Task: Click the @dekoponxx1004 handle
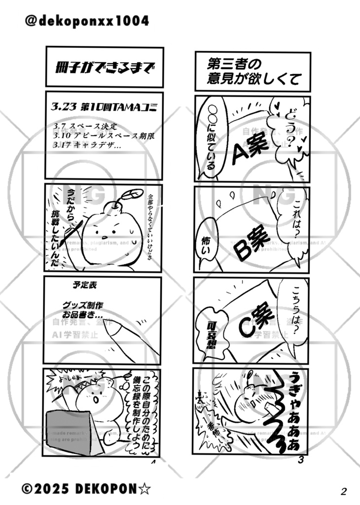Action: click(x=86, y=21)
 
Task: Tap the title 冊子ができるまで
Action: click(x=104, y=67)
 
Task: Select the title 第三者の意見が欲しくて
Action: click(x=252, y=72)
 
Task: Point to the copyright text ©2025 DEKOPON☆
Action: click(x=86, y=489)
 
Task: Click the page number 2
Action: click(x=344, y=491)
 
